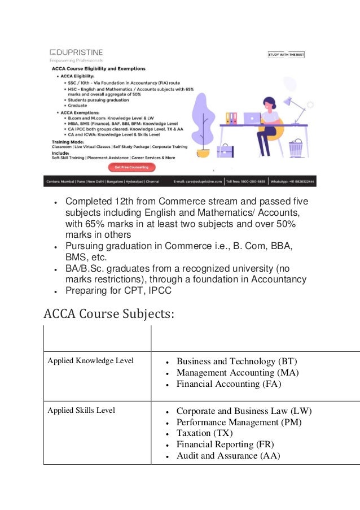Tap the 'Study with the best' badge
pos(286,55)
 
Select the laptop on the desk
pos(252,119)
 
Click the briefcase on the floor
pos(225,150)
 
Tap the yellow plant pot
pos(203,152)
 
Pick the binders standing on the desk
pos(231,118)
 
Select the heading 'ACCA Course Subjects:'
pos(109,312)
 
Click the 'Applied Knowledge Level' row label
pos(88,361)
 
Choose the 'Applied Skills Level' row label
pos(81,410)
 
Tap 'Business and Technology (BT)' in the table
pos(236,361)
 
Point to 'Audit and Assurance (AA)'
pos(228,456)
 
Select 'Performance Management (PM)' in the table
pos(239,422)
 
